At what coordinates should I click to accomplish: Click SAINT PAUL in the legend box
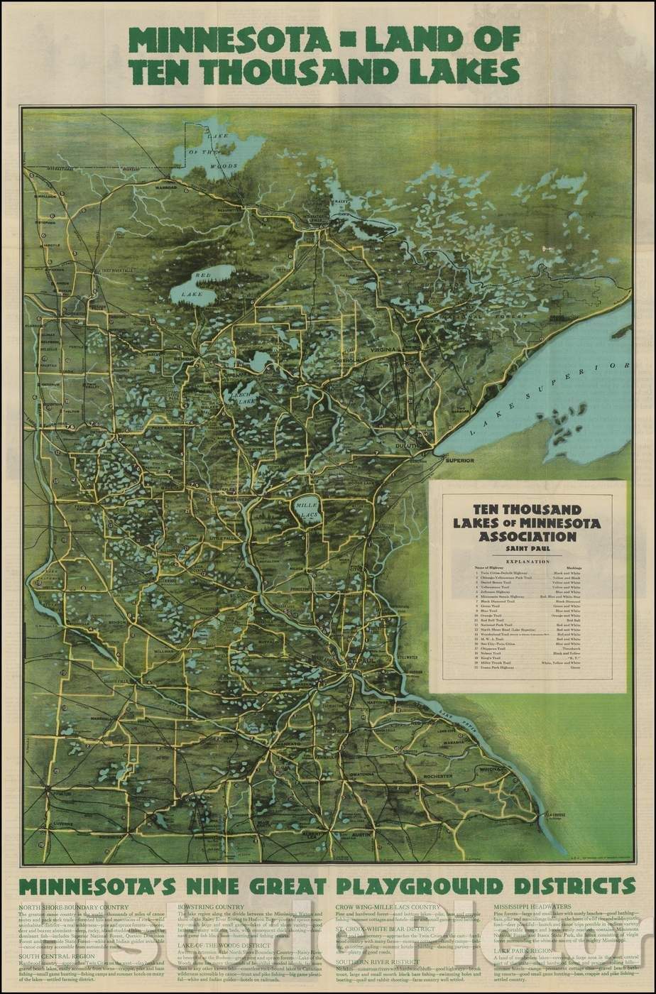click(527, 549)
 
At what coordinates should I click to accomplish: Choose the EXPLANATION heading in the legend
click(527, 560)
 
